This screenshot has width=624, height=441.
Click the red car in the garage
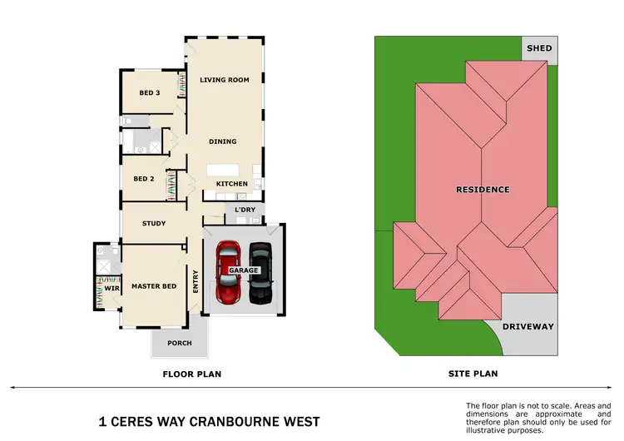click(x=228, y=274)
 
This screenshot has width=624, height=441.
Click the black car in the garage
click(x=260, y=274)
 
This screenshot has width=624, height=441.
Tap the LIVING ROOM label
click(x=225, y=80)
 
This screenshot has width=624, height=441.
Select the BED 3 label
click(x=150, y=92)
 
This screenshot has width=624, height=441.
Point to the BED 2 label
click(x=144, y=179)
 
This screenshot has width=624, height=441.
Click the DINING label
click(x=223, y=141)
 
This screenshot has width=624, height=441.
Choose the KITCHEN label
click(x=232, y=184)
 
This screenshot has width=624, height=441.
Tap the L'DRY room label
click(x=245, y=210)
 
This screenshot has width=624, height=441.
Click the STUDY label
click(x=154, y=224)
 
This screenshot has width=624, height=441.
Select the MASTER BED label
click(x=154, y=287)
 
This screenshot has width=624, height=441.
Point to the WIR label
click(x=110, y=288)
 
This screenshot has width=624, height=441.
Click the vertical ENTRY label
click(x=196, y=280)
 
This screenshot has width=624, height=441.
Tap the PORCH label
click(x=180, y=343)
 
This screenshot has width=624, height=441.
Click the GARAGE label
click(x=245, y=270)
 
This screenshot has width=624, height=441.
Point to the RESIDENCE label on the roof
click(x=483, y=190)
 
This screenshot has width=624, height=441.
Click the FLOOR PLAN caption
click(x=191, y=374)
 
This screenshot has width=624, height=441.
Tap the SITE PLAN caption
click(x=473, y=374)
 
